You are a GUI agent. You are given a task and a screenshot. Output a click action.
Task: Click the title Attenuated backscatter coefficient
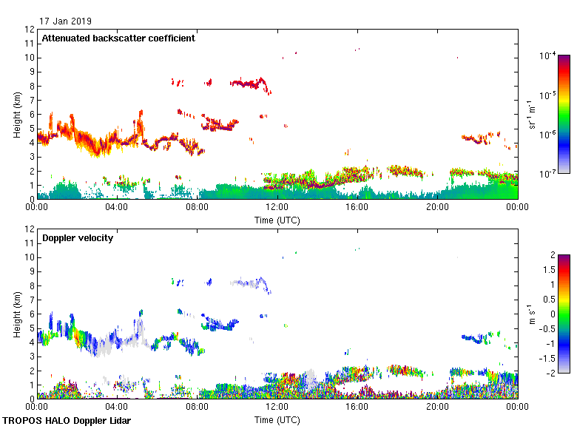[x=118, y=38]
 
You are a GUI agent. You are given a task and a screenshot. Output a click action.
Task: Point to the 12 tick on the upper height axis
[x=30, y=30]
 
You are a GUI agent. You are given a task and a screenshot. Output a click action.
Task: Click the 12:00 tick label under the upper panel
[x=277, y=208]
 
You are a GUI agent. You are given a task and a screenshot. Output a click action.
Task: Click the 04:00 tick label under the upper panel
[x=117, y=208]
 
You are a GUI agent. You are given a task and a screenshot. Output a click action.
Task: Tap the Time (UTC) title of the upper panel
[x=277, y=220]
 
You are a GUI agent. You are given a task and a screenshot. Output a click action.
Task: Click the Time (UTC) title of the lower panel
[x=277, y=419]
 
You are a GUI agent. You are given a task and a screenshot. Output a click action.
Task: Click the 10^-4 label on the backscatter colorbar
[x=548, y=56]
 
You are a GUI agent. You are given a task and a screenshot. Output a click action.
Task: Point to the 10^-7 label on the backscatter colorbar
[x=548, y=174]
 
